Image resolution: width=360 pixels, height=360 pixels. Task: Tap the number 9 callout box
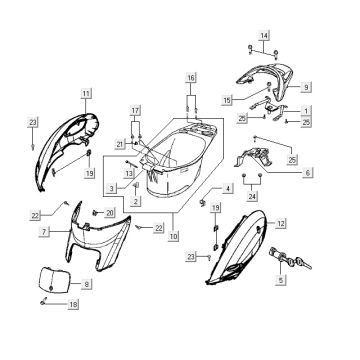pyautogui.click(x=308, y=86)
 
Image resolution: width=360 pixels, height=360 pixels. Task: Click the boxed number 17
pyautogui.click(x=135, y=107)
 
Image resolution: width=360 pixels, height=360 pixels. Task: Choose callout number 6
pyautogui.click(x=307, y=172)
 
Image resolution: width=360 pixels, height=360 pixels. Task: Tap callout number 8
pyautogui.click(x=86, y=285)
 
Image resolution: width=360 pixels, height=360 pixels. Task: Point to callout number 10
pyautogui.click(x=175, y=236)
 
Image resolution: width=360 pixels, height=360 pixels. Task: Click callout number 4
pyautogui.click(x=229, y=188)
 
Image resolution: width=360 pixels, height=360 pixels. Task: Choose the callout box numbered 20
pyautogui.click(x=109, y=213)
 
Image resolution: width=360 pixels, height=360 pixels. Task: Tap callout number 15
pyautogui.click(x=228, y=100)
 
